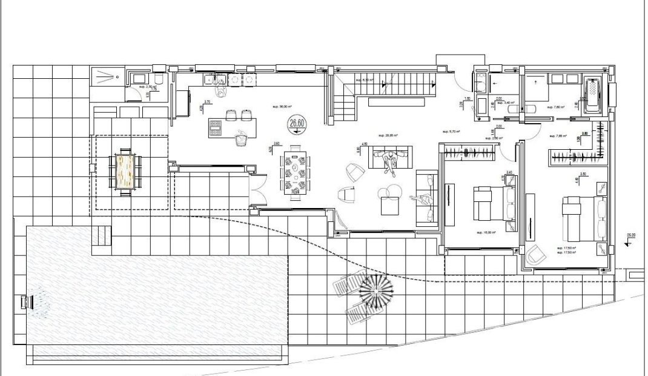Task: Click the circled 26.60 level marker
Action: point(297,124)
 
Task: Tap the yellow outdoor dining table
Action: point(126,172)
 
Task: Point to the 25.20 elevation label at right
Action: point(631,235)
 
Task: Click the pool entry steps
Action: point(101,235)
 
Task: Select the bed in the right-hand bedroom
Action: point(584,218)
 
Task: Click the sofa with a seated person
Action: point(392,159)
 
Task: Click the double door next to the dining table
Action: point(257,189)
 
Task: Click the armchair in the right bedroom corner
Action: point(535,256)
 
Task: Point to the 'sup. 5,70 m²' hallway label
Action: point(452,132)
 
